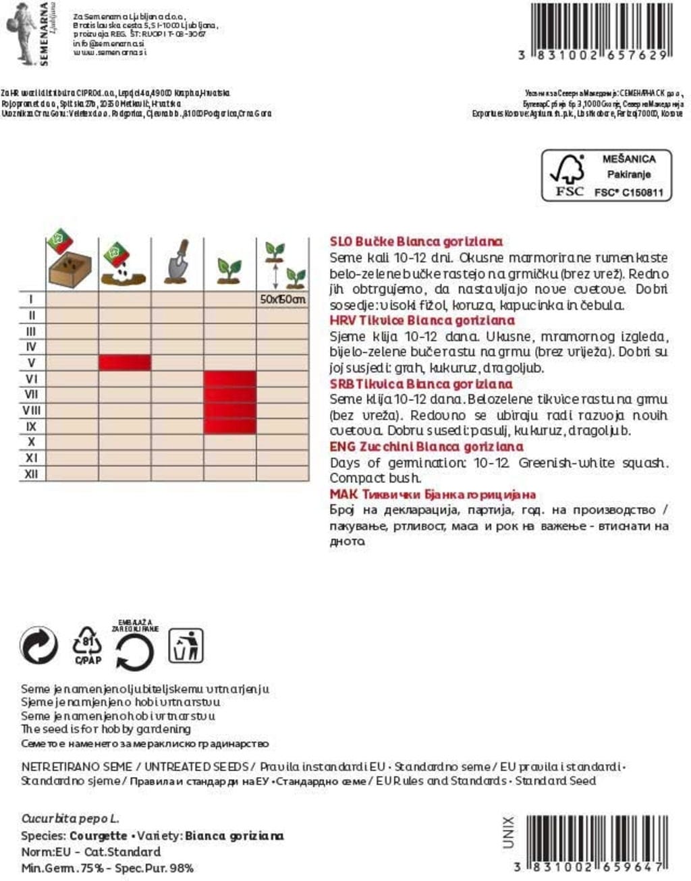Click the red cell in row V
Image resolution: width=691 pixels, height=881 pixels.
pos(125,363)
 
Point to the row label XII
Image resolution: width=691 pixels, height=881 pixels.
pos(31,474)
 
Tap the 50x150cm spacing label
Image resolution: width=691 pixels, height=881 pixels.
pos(282,299)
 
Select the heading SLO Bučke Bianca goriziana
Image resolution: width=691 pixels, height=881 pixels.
pos(416,241)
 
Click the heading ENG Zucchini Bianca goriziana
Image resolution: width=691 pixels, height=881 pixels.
pos(426,447)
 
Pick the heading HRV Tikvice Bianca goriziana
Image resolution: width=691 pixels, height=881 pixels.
pos(422,320)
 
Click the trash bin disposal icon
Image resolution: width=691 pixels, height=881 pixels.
pos(186,646)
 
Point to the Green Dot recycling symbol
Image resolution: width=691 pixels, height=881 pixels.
pos(39,646)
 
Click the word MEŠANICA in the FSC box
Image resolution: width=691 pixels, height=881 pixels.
pos(628,159)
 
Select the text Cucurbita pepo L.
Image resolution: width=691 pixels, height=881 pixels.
pos(70,819)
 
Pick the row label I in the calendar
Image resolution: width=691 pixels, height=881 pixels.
pos(31,299)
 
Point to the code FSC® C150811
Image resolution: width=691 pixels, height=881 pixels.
pos(628,192)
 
